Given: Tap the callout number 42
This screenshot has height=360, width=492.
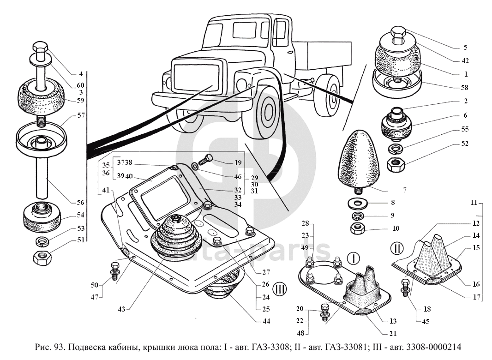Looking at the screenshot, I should click(x=466, y=60).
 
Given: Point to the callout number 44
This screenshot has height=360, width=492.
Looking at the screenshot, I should click(x=266, y=321).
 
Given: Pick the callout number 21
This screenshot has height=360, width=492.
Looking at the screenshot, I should click(x=393, y=334).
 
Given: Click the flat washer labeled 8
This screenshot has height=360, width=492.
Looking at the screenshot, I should click(x=357, y=202).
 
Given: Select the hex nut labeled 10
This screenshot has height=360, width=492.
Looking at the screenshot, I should click(x=358, y=228).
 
